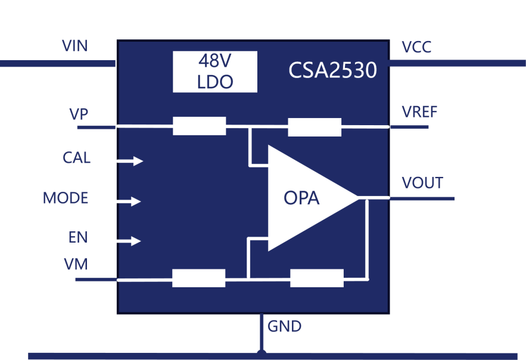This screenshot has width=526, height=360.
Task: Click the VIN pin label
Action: point(75,46)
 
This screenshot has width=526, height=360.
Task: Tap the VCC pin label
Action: point(416,47)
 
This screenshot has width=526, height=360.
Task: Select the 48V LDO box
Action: point(215,72)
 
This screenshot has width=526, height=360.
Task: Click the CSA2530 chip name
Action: point(332,70)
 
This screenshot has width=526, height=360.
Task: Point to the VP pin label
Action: point(79,114)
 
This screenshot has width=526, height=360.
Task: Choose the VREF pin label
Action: point(419,112)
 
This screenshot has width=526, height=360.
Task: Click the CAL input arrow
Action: point(130,161)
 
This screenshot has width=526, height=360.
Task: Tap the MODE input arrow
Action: point(129,201)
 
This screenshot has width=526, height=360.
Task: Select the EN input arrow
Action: point(129,241)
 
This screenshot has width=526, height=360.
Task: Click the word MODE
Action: point(66,198)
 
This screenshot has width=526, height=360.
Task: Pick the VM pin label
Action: point(76,264)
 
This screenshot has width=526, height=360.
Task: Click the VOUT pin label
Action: point(422,183)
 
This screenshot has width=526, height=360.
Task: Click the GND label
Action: point(285,326)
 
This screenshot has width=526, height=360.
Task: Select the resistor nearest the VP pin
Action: point(200,126)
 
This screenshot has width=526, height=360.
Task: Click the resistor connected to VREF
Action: point(315,127)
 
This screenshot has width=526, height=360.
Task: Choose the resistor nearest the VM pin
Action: point(198,278)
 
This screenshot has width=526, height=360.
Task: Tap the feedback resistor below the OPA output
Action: point(317,278)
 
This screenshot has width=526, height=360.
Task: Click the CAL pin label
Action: point(76,158)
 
